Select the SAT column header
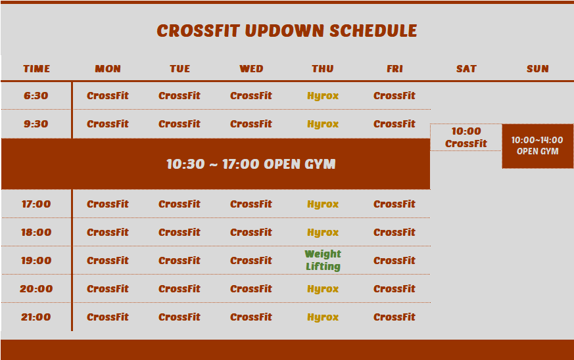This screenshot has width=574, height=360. click(466, 69)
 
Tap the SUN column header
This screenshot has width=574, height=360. click(537, 69)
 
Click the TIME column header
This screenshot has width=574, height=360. click(37, 69)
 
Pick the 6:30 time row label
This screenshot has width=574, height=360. click(36, 96)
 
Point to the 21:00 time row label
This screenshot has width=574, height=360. click(36, 317)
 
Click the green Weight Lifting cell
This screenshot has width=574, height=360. click(323, 260)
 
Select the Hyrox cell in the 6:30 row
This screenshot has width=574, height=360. click(323, 96)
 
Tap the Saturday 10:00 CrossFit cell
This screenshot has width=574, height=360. click(466, 137)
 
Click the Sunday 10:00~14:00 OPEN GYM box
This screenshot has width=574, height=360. click(537, 146)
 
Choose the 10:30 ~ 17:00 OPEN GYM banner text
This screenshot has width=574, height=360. click(251, 164)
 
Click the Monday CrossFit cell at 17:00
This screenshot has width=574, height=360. click(108, 204)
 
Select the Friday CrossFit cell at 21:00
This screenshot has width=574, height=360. click(395, 317)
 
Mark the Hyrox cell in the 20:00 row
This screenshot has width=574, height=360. click(323, 289)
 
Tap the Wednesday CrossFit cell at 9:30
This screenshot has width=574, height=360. click(251, 124)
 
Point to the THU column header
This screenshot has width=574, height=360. click(323, 69)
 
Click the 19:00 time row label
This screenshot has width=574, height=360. click(36, 261)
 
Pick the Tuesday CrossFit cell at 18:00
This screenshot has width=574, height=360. click(179, 233)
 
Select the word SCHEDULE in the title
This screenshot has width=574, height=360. click(373, 31)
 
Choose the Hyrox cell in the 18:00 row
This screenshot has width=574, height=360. click(323, 233)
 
